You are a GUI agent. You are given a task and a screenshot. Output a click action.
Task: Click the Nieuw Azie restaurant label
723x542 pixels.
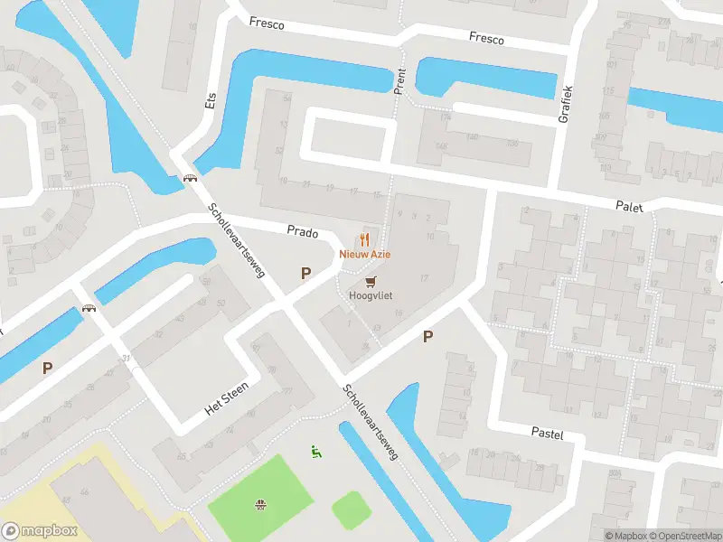(365, 255)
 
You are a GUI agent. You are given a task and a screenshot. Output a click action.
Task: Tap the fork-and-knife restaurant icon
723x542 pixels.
(365, 238)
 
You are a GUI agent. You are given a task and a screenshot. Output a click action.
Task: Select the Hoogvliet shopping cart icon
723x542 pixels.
(371, 281)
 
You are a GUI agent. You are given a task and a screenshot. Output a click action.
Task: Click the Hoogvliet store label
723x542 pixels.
(371, 295)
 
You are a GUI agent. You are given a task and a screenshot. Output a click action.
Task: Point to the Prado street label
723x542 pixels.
(303, 232)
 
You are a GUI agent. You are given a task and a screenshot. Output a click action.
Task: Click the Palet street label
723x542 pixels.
(630, 207)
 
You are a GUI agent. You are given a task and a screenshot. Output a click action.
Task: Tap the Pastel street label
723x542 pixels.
(547, 435)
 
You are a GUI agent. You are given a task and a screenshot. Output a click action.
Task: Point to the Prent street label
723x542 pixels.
(399, 79)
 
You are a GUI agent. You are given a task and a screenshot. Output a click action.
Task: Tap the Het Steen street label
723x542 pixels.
(226, 398)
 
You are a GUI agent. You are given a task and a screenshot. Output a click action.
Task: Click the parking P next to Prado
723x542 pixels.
(305, 273)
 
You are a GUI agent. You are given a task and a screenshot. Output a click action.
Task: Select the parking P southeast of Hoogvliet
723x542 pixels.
(428, 337)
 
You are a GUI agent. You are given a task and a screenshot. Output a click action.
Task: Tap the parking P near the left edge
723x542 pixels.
(46, 368)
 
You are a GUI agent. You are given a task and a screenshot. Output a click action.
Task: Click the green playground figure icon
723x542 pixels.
(315, 451)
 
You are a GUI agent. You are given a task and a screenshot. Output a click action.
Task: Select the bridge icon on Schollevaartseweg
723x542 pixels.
(191, 178)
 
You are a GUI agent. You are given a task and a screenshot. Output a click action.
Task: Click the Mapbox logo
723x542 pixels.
(40, 531)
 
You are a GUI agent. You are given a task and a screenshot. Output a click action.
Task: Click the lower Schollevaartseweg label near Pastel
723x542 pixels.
(371, 424)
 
